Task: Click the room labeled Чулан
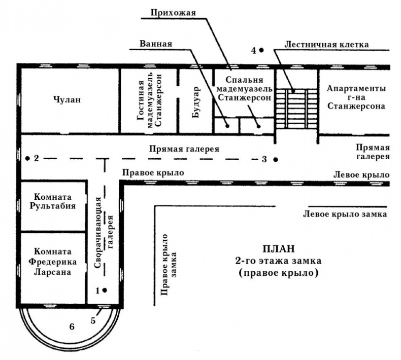[67, 100]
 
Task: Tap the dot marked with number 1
[105, 291]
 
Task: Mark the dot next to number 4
[261, 50]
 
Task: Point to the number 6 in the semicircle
[72, 327]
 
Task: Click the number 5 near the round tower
[93, 320]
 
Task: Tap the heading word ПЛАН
[278, 249]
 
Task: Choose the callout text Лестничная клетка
[326, 44]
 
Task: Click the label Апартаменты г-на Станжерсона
[356, 97]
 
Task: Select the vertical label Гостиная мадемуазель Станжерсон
[149, 101]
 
